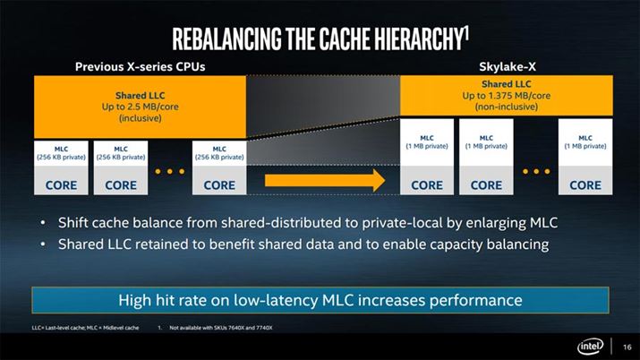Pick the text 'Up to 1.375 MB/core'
click(506, 95)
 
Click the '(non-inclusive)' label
click(506, 106)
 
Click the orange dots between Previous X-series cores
click(169, 170)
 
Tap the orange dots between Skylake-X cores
click(536, 170)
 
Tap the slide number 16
click(625, 345)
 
